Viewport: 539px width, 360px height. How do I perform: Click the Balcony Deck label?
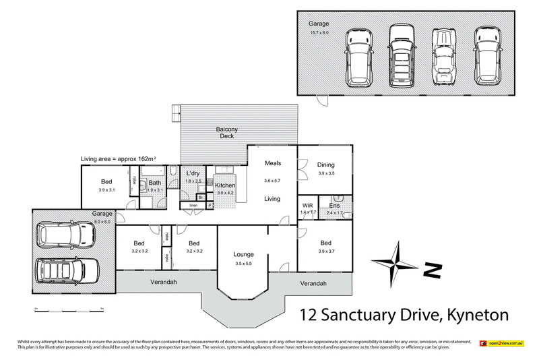coord(226,132)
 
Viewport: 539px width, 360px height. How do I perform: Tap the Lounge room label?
coord(243,254)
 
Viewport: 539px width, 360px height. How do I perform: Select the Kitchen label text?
coord(224,185)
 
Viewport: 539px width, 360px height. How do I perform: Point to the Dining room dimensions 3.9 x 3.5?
coord(326,173)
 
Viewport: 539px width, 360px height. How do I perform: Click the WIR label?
coord(307,205)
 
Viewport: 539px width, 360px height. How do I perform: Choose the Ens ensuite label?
coord(334,205)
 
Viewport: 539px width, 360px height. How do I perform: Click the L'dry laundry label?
coord(194,174)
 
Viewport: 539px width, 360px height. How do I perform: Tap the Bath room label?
coord(155,182)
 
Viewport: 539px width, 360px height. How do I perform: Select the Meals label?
coord(272,163)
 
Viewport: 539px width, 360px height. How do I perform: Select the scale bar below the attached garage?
coord(67,309)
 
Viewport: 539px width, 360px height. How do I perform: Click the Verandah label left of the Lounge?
coord(163,282)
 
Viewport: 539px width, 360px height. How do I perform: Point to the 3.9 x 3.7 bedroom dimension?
coord(326,251)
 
